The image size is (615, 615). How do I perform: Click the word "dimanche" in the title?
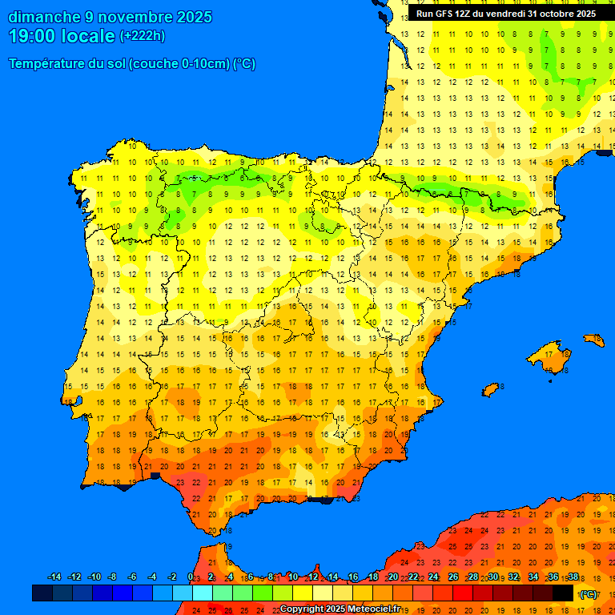[x=39, y=17]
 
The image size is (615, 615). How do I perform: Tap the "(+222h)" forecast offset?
[x=142, y=36]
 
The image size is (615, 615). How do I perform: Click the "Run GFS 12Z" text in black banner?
[x=445, y=14]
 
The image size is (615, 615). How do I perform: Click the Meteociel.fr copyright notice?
[x=340, y=609]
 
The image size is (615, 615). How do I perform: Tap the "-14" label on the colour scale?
[x=54, y=577]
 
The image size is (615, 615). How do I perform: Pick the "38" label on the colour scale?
[x=573, y=577]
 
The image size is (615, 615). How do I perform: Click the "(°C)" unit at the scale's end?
[x=589, y=593]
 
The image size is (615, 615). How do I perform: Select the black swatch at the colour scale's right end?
[x=563, y=593]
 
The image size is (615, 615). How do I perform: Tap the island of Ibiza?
[x=490, y=390]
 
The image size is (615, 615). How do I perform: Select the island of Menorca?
[x=594, y=340]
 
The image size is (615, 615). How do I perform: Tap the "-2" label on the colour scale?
[x=171, y=577]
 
